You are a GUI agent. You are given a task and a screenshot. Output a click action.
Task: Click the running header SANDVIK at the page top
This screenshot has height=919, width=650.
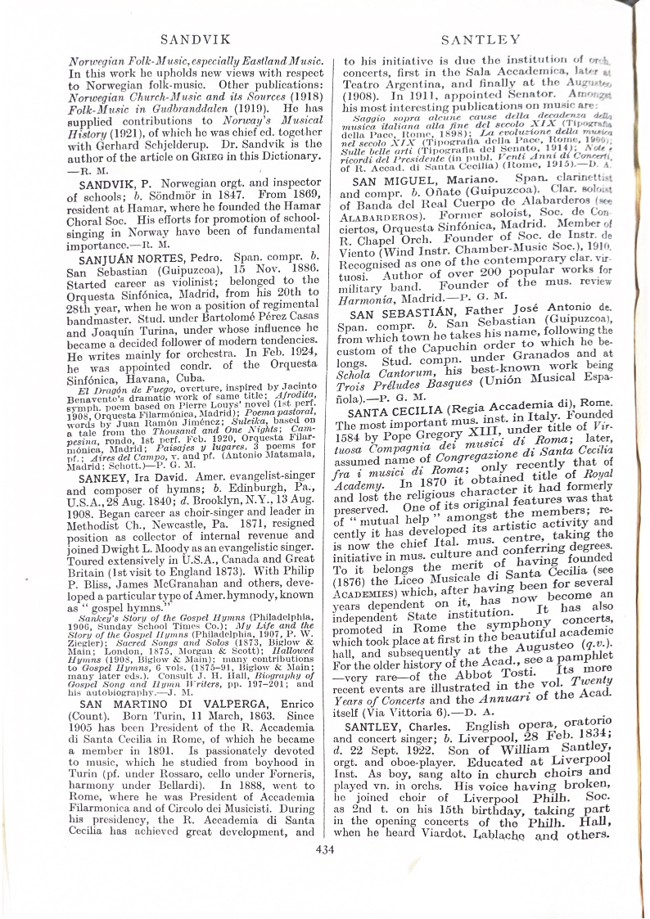[x=189, y=38]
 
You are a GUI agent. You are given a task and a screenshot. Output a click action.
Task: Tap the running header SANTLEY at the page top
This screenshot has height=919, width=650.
[x=480, y=38]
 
